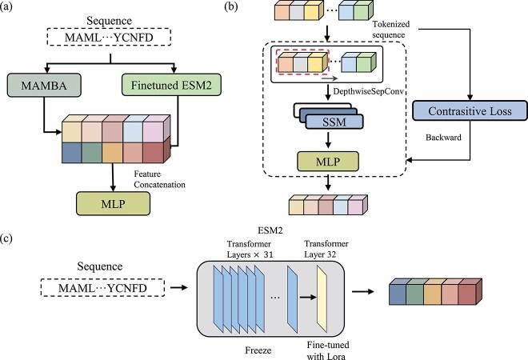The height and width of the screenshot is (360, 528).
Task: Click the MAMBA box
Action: pos(44,86)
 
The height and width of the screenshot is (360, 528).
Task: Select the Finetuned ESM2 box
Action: pos(171,85)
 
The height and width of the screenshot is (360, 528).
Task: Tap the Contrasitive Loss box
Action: pos(470,110)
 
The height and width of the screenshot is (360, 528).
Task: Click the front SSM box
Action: pos(334,122)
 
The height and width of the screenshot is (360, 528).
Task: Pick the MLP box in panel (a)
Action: pos(113,204)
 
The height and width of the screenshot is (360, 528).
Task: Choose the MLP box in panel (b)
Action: pos(328,162)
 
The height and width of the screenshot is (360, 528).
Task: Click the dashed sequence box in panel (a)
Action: pos(109,37)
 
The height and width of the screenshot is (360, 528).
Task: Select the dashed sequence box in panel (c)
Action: pos(102,287)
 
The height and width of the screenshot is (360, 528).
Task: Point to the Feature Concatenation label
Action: pos(160,179)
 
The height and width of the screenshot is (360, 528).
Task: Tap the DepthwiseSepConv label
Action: pos(368,91)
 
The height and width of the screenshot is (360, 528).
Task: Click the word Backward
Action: pos(443,138)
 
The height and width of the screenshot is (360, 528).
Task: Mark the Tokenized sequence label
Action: pos(390,30)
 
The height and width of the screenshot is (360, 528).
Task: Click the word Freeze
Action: pos(258,350)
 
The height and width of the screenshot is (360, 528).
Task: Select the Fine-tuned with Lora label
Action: pos(328,350)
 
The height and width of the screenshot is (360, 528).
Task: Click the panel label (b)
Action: pos(230,7)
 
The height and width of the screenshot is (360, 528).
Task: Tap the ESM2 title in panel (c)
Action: pos(270,230)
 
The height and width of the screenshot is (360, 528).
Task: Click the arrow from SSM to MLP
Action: pos(328,139)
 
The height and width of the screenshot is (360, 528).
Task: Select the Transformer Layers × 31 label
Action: pos(250,250)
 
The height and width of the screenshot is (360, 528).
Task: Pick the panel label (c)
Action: pos(6,238)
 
